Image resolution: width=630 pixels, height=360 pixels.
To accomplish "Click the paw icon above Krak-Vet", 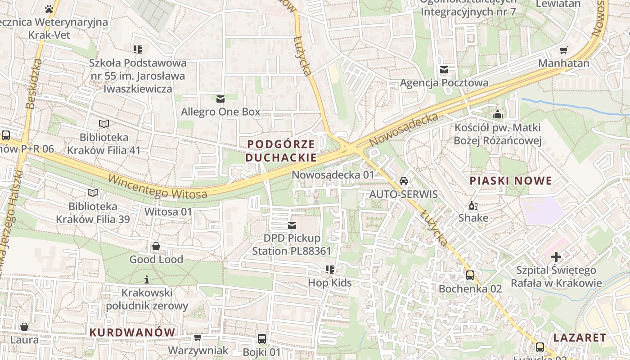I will (49, 9).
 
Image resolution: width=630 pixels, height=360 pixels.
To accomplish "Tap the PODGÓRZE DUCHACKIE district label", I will (281, 151).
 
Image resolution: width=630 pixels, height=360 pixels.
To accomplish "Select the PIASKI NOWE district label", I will (511, 181).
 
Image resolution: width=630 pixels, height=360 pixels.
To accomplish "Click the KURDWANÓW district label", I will (132, 333).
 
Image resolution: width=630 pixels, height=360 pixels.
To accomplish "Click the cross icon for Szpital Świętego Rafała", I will (556, 257).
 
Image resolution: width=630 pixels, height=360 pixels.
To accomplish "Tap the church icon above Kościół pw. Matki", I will (498, 114).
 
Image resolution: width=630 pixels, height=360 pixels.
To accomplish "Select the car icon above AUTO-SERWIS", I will (404, 181).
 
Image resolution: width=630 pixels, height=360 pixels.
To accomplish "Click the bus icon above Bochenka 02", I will (470, 275).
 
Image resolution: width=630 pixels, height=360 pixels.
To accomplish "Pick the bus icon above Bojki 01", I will (262, 339).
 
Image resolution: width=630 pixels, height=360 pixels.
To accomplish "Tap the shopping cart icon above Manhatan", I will (563, 50).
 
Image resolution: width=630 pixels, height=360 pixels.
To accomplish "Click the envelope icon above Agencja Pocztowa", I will (444, 70).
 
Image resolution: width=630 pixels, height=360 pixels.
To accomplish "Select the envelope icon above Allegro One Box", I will (220, 99).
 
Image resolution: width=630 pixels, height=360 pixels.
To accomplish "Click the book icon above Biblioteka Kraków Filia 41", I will (104, 124).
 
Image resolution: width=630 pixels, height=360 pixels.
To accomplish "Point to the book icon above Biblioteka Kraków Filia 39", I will (93, 193).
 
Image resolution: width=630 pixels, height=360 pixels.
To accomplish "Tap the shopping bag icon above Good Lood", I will (156, 246).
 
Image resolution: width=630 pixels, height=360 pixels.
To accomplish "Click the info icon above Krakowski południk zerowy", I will (147, 279).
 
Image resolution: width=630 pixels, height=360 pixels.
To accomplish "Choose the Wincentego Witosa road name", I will (157, 187).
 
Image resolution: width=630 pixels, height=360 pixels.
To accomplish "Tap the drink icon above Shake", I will (473, 206).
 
